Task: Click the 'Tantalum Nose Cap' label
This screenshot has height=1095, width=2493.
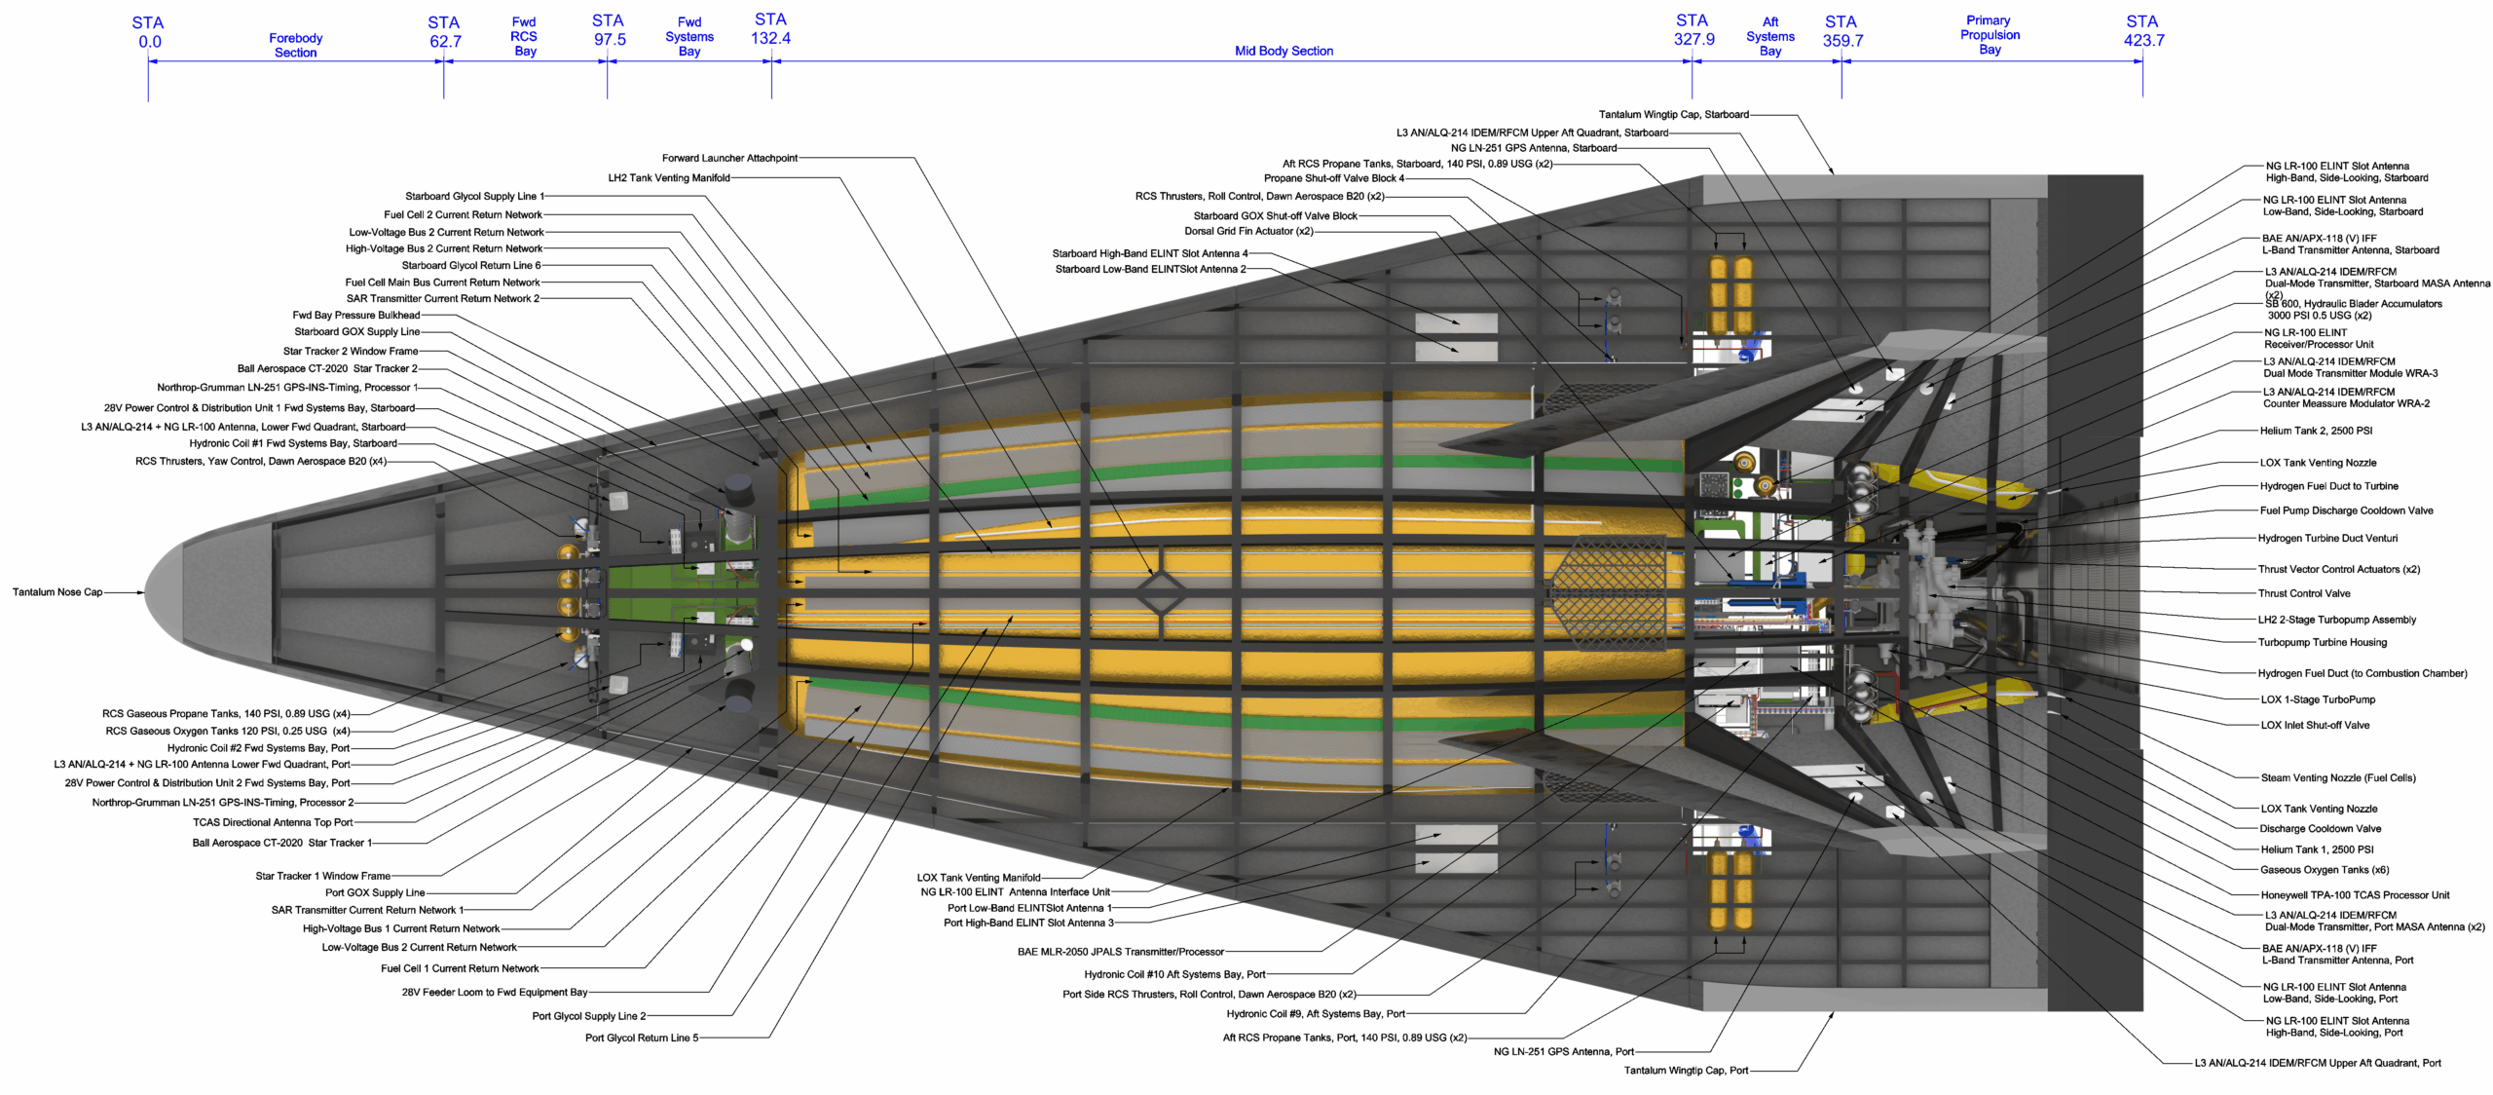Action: point(57,591)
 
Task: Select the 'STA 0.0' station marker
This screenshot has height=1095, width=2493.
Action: point(148,32)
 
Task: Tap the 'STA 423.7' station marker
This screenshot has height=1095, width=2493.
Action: point(2142,30)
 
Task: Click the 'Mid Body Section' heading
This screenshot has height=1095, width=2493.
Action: point(1284,51)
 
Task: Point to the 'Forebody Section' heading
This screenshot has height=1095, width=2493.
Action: point(295,45)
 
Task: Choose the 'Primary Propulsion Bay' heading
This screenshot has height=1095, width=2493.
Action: point(1990,34)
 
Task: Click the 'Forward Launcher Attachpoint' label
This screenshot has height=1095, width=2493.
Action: point(729,158)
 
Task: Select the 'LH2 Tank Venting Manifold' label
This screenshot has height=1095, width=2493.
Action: point(668,177)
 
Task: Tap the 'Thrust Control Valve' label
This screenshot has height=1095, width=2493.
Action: point(2303,593)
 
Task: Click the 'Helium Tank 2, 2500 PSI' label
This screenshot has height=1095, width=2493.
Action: point(2316,431)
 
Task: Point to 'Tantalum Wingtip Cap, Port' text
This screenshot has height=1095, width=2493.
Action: point(1686,1070)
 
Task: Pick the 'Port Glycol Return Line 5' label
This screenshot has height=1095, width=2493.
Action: point(641,1038)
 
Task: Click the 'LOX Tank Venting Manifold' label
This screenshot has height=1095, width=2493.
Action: point(978,878)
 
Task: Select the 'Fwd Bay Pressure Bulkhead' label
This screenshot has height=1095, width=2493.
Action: point(355,315)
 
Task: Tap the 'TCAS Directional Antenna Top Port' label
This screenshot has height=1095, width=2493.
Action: point(273,822)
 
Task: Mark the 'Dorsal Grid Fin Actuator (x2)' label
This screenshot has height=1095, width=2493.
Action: point(1248,231)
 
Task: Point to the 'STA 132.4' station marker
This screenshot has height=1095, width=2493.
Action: point(770,28)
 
